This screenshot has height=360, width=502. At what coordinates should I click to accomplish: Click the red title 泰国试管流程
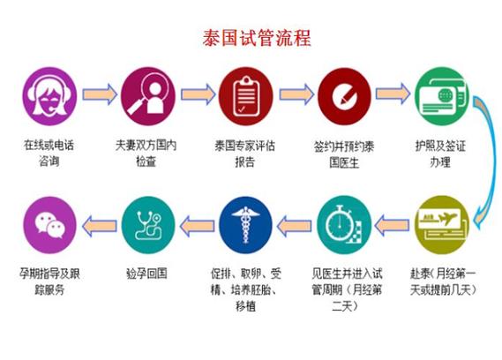click(x=257, y=39)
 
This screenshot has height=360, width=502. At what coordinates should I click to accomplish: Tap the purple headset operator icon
click(x=49, y=96)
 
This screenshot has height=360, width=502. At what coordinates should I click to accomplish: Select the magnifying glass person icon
click(x=148, y=96)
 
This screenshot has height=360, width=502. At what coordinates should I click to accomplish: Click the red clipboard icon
click(x=246, y=96)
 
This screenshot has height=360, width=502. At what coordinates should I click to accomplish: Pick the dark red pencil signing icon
click(x=344, y=96)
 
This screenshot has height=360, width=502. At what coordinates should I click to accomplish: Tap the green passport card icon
click(x=442, y=96)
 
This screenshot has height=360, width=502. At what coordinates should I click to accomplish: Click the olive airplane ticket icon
click(x=442, y=225)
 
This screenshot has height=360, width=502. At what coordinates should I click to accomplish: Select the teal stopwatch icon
click(x=344, y=225)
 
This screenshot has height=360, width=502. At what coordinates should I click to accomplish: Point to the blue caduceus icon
click(x=246, y=225)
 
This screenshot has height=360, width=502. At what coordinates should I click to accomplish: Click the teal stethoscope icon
click(x=148, y=225)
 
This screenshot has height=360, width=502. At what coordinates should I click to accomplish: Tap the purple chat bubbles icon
click(x=49, y=225)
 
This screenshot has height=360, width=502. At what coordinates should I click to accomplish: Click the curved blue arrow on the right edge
click(x=492, y=160)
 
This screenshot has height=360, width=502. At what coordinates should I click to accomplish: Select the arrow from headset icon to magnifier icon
click(x=100, y=94)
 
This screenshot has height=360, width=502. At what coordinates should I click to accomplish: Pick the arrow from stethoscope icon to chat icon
click(x=100, y=226)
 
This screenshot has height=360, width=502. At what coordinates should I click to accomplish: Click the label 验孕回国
click(x=147, y=274)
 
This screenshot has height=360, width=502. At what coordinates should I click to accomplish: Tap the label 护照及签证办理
click(x=440, y=154)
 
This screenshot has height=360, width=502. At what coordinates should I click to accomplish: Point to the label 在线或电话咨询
click(x=49, y=154)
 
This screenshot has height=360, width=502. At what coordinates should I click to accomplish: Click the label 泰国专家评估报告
click(x=245, y=154)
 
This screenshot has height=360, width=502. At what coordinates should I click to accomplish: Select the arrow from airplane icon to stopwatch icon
click(x=392, y=226)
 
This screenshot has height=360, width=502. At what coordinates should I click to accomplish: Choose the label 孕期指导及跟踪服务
click(x=49, y=281)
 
